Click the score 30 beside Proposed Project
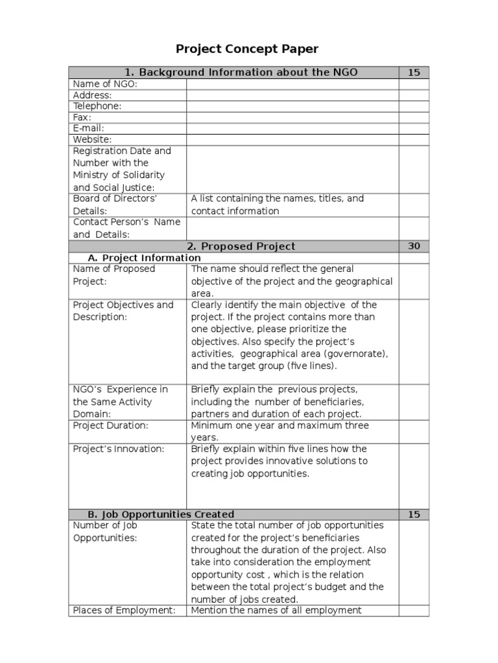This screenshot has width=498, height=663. (414, 246)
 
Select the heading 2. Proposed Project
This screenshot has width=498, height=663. (241, 246)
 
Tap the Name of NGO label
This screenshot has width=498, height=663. (105, 84)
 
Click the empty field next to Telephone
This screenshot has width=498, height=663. (292, 106)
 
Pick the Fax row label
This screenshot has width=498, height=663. (82, 117)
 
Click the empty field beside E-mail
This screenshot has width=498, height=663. (292, 128)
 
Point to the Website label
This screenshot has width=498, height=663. (92, 139)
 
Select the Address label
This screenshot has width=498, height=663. (92, 95)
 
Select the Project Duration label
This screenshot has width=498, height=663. (110, 425)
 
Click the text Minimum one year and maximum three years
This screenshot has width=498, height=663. (279, 431)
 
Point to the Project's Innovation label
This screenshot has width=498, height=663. (119, 449)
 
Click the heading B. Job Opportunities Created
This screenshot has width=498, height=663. (160, 514)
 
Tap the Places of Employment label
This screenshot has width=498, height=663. (124, 609)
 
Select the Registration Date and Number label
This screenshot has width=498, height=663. (122, 169)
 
